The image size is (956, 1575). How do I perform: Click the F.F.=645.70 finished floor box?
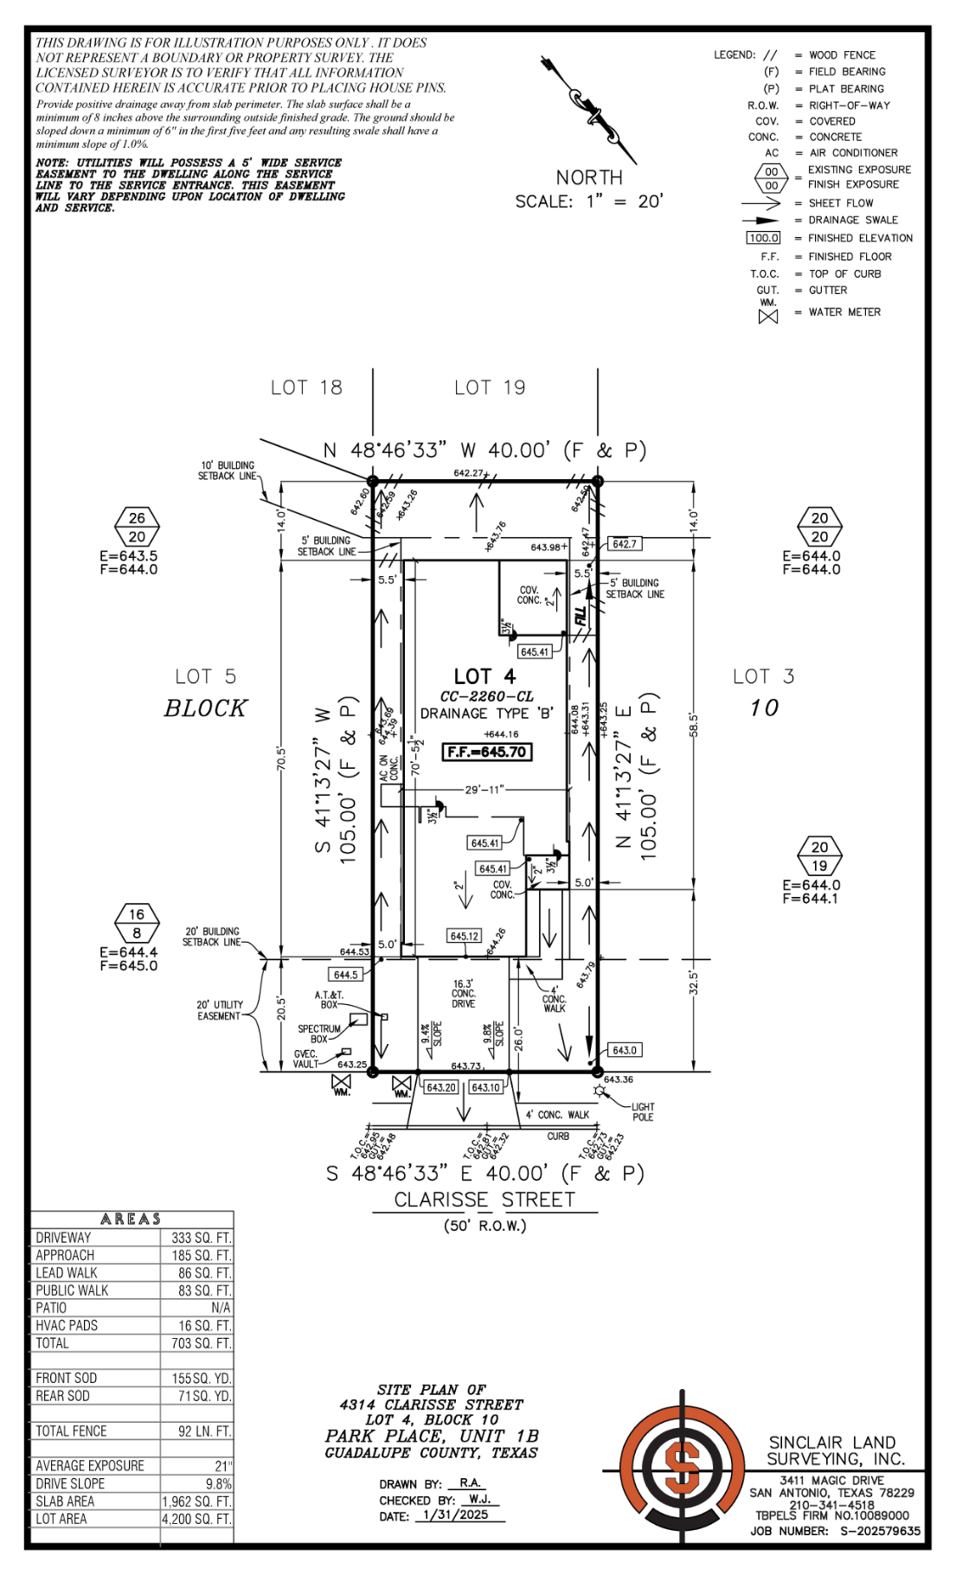point(487,752)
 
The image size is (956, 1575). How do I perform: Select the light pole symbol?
point(598,1094)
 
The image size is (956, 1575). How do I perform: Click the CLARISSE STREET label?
point(484,1200)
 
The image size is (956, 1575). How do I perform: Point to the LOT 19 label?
point(490,387)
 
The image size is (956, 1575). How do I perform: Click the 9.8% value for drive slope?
point(218,1483)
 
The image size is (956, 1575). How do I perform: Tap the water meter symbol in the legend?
point(767,316)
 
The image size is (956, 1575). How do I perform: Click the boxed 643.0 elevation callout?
point(625,1050)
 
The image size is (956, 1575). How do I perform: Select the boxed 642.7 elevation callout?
point(624,544)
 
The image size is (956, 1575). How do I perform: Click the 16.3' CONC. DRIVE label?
point(464,994)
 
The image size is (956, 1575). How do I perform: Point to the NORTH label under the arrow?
point(589,177)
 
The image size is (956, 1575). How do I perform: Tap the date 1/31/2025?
point(457,1514)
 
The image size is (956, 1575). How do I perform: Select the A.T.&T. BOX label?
point(329,1000)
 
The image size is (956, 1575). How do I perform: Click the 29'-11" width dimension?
point(484,790)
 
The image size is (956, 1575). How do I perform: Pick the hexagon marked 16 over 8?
point(137,924)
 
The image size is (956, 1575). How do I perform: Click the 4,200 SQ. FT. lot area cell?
point(196,1519)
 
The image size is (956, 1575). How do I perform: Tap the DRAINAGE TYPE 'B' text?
point(486,714)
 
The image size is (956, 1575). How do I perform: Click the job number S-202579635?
point(877,1530)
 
